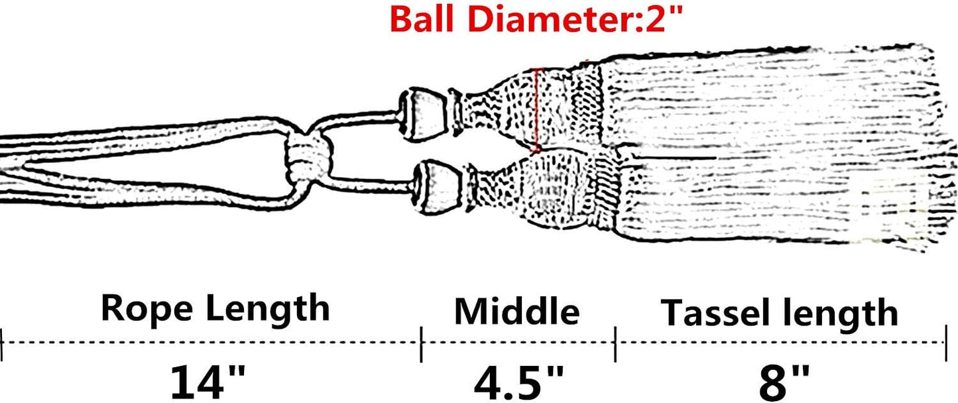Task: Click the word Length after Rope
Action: tap(268, 309)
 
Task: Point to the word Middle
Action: tap(516, 312)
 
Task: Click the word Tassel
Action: tap(719, 314)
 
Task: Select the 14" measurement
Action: tap(208, 382)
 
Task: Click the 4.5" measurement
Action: tap(518, 383)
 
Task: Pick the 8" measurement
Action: tap(784, 383)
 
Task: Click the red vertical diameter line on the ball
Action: tap(536, 110)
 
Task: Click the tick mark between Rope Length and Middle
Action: tap(422, 345)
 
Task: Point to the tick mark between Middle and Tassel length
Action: tap(615, 345)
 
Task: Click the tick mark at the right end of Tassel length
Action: tap(946, 343)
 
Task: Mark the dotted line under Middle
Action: tap(518, 342)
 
